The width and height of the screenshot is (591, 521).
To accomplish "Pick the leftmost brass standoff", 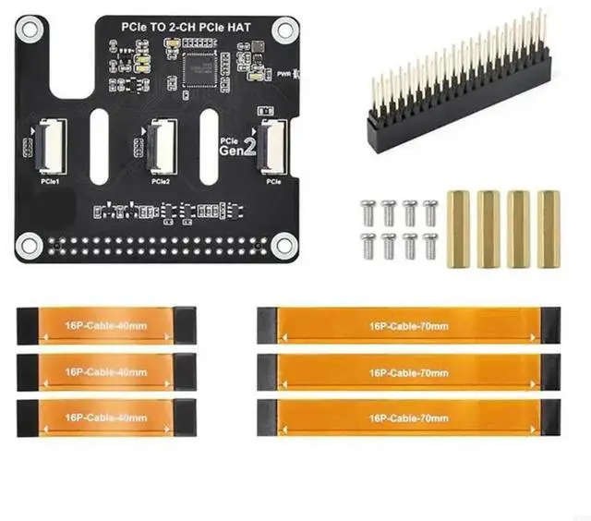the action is coord(459,228).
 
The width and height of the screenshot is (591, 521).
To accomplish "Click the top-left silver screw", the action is coord(367,209).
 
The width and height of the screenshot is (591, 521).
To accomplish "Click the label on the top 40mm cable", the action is coord(107,324).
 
